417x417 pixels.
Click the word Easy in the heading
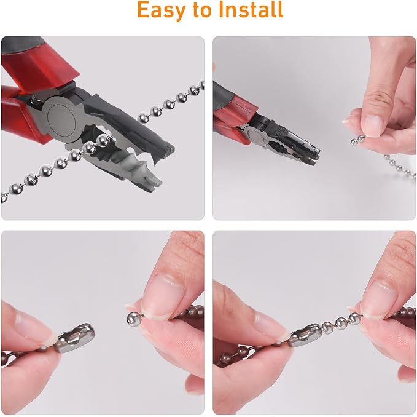[x=162, y=10]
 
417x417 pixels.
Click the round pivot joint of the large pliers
[x=61, y=117]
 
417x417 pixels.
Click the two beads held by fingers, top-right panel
[x=358, y=140]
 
